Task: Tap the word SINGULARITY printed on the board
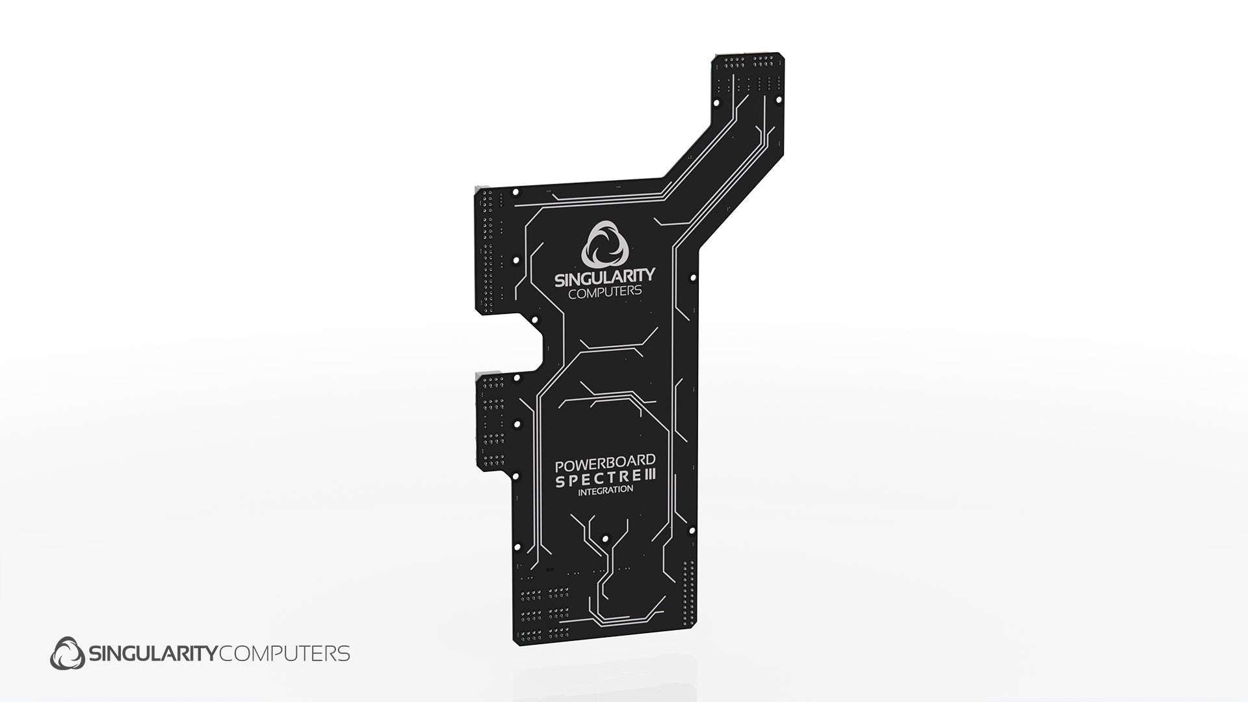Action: pyautogui.click(x=604, y=278)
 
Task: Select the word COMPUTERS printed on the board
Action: pyautogui.click(x=605, y=292)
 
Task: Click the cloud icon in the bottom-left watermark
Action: pyautogui.click(x=68, y=653)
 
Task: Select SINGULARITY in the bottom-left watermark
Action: pyautogui.click(x=153, y=653)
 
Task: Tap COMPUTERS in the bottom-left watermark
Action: pyautogui.click(x=285, y=653)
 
